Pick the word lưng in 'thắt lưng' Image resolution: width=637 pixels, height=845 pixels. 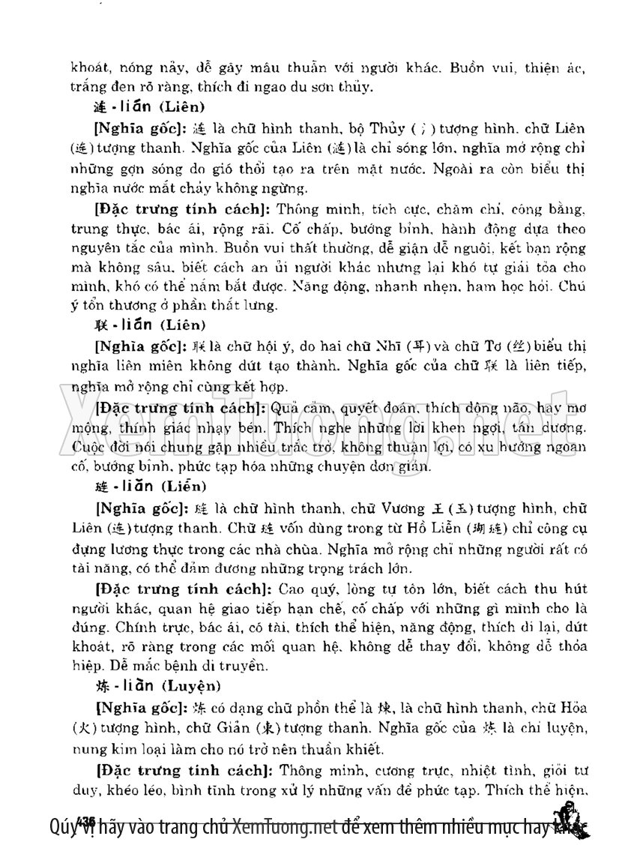(266, 305)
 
